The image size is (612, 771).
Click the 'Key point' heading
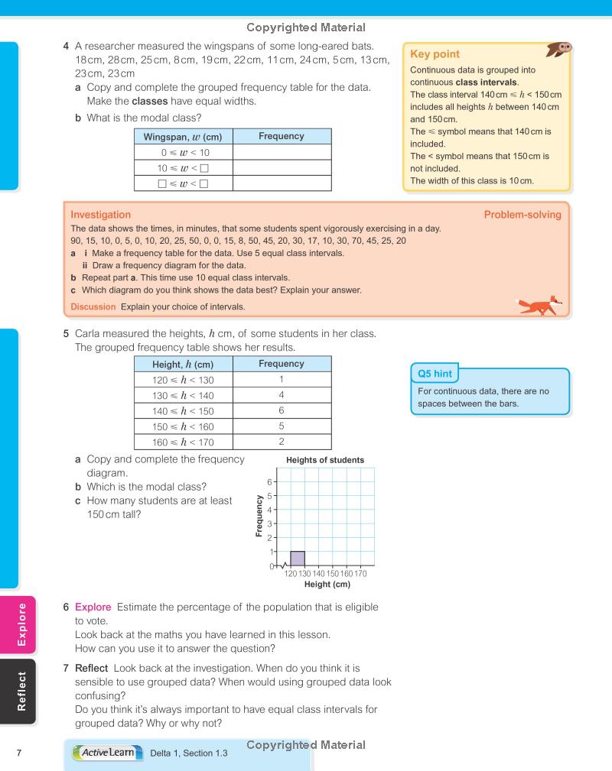(435, 54)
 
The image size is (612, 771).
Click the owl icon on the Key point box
(561, 50)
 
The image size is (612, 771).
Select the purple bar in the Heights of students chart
(298, 558)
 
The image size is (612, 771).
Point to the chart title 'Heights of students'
(324, 460)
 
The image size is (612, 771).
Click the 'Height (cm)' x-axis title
(327, 585)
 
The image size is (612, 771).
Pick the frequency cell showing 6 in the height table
(282, 410)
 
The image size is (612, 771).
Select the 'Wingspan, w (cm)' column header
(183, 137)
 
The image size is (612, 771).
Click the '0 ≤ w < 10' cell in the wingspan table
(183, 153)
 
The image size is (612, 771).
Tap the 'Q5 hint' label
(434, 374)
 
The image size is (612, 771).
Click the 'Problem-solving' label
(522, 215)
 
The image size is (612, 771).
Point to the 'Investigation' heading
(100, 215)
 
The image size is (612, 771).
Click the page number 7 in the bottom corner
(19, 753)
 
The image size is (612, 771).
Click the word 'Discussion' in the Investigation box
(93, 306)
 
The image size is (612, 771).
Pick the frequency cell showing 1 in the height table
(282, 379)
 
